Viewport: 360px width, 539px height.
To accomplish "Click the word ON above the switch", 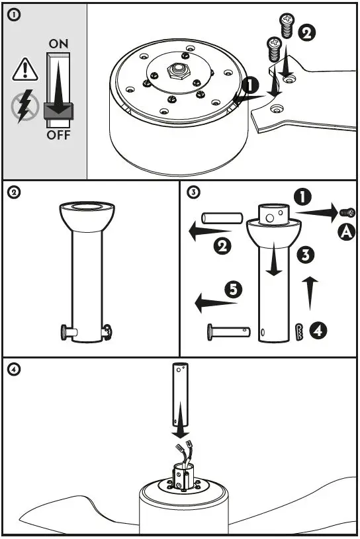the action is (58, 44).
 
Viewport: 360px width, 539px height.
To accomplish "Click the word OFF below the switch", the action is (58, 135).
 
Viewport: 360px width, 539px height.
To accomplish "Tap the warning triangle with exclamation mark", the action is (25, 69).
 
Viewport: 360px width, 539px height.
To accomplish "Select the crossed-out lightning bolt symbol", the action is (24, 106).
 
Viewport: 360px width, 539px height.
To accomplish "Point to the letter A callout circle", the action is (346, 232).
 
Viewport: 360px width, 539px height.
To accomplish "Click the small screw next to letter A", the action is (347, 213).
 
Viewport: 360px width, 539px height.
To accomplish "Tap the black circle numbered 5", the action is (234, 290).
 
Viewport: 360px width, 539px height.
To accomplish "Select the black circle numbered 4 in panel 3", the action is (318, 331).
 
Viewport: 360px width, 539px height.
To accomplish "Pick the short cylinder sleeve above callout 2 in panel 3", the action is (222, 218).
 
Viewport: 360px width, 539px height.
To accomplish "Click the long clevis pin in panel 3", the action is (229, 332).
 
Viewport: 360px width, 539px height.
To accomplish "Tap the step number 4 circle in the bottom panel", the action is (14, 369).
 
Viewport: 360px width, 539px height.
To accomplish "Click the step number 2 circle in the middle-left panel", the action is (14, 192).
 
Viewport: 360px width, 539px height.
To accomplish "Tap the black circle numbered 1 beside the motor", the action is (250, 85).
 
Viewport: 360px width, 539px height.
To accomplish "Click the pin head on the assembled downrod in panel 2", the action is (64, 333).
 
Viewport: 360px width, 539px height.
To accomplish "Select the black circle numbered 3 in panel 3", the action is (306, 255).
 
